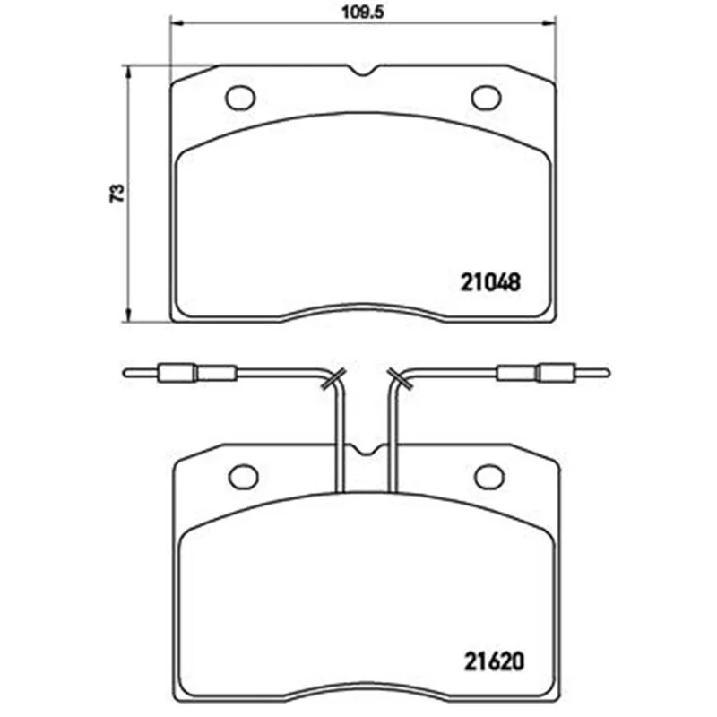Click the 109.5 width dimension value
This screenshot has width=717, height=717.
364,12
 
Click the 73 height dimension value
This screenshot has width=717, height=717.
117,193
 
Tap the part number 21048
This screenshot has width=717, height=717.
490,282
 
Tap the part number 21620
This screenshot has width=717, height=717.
494,661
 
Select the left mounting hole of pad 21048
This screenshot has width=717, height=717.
240,98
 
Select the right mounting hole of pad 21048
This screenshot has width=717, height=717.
486,98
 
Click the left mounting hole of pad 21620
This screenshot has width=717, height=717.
243,477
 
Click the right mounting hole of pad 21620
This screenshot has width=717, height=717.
489,477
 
